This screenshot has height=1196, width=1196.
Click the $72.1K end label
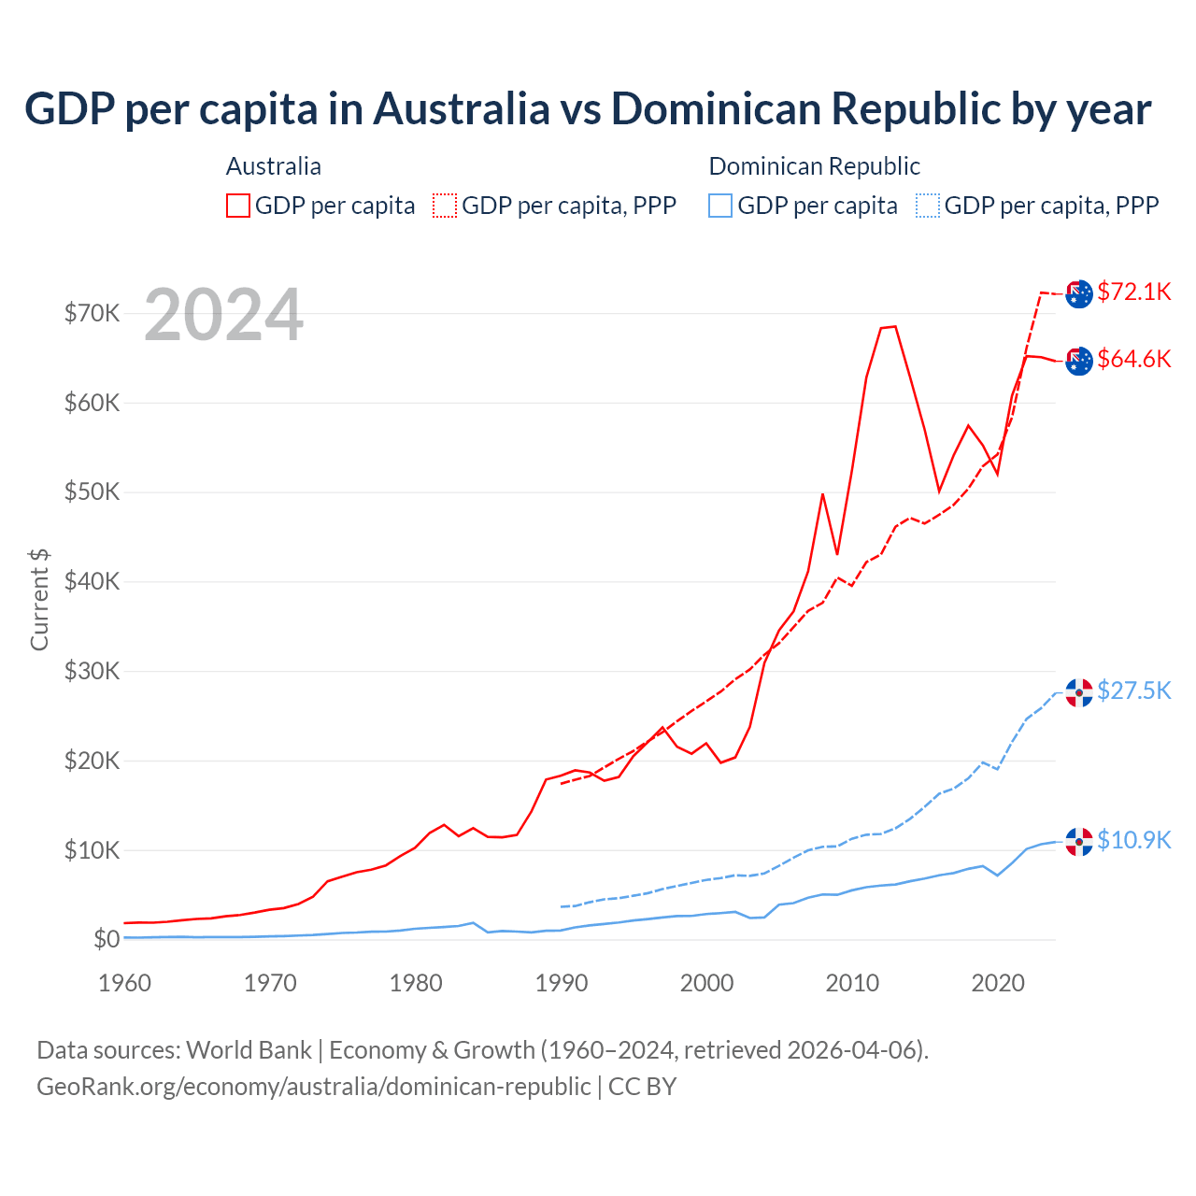[x=1133, y=292]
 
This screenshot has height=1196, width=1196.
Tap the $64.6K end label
[x=1133, y=360]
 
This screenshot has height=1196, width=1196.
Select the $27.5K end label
[x=1133, y=691]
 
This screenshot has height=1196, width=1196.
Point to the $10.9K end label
[x=1133, y=841]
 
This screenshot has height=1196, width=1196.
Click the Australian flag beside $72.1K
[x=1079, y=293]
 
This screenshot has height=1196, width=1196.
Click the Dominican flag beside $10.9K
[x=1079, y=842]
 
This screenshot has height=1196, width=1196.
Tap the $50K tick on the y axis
[x=92, y=492]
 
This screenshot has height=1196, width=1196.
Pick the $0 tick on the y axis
[x=106, y=940]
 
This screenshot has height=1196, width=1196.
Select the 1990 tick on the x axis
[x=562, y=983]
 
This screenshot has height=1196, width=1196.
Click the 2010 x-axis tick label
[x=852, y=983]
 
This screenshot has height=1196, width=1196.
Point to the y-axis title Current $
[x=39, y=599]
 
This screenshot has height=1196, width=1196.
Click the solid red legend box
[x=238, y=206]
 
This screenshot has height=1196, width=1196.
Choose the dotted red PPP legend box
[x=445, y=206]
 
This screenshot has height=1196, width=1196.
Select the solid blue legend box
[x=720, y=206]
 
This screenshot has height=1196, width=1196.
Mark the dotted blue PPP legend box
[x=928, y=206]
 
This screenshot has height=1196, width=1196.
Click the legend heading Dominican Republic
[x=814, y=166]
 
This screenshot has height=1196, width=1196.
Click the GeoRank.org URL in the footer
[x=313, y=1087]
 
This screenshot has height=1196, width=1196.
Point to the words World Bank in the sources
[x=249, y=1050]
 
